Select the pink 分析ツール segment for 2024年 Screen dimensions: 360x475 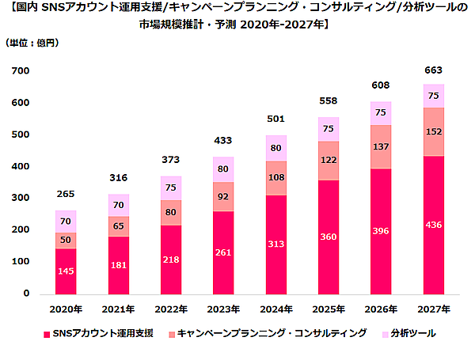pos(275,148)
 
